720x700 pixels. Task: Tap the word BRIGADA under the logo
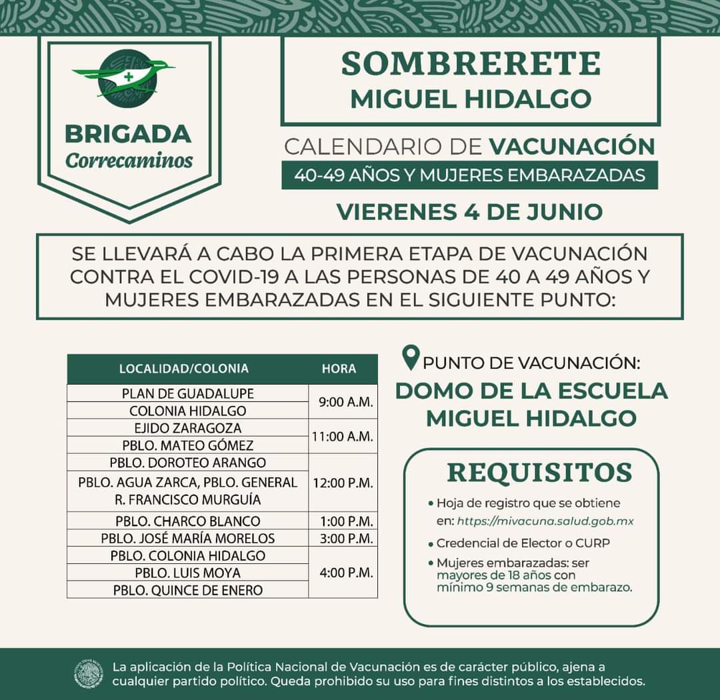(128, 133)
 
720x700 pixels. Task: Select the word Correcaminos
(129, 161)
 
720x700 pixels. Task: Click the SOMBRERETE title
(471, 63)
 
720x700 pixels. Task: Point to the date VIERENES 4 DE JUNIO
(469, 211)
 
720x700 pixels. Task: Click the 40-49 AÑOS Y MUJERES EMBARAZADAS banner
(469, 175)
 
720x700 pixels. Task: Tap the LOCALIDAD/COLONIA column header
(183, 369)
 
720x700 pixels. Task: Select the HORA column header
(339, 369)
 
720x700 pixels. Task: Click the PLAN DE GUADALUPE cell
(187, 393)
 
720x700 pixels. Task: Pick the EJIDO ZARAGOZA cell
(187, 428)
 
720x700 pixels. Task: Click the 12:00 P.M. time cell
(343, 483)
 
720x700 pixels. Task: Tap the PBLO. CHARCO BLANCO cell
(187, 521)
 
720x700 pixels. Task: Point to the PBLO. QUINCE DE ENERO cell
(187, 590)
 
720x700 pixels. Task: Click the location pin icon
(411, 359)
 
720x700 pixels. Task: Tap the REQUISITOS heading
(539, 472)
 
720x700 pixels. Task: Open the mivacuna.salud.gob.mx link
(545, 521)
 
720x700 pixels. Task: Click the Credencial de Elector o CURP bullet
(523, 543)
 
